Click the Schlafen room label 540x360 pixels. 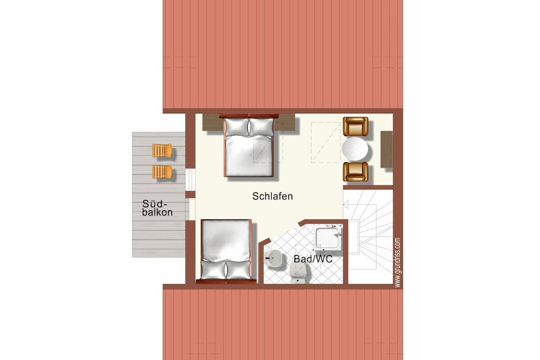pos(273,196)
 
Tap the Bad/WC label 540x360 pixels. pos(313,259)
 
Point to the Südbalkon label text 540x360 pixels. pos(157,208)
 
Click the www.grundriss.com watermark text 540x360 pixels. pos(398,262)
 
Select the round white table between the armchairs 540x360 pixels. pos(355,149)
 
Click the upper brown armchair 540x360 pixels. pos(355,127)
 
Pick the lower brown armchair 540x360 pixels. pos(355,172)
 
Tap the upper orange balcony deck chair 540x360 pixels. pos(162,150)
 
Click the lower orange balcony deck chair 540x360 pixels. pos(162,171)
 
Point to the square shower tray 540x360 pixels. pos(329,237)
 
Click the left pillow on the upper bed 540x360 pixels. pos(237,127)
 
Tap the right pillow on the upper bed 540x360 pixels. pos(262,127)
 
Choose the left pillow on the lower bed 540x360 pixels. pos(214,270)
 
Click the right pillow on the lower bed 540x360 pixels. pos(238,270)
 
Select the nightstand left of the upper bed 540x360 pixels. pos(213,122)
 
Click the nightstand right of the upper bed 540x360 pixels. pos(285,122)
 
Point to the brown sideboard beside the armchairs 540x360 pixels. pos(387,149)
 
